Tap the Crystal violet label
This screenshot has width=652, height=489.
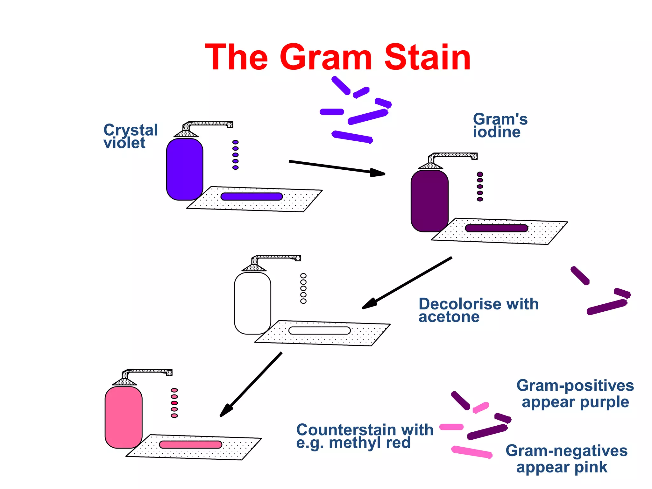click(130, 136)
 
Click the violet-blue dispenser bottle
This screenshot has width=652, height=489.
click(184, 169)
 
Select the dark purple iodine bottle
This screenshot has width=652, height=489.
click(429, 201)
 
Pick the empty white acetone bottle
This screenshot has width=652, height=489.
click(252, 303)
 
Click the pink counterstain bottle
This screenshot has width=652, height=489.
click(124, 417)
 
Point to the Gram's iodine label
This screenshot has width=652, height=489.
click(500, 125)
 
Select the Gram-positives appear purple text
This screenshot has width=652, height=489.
click(575, 393)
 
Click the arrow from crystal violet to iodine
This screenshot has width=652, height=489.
click(337, 167)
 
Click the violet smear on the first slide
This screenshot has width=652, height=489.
click(252, 196)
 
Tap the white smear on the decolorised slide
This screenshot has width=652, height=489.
click(319, 330)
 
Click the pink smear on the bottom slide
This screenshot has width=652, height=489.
click(190, 444)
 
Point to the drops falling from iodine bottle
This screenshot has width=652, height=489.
click(480, 187)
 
